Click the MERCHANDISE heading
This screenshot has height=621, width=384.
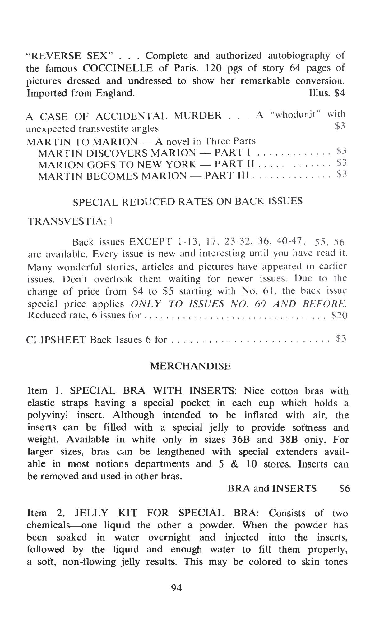coord(191,366)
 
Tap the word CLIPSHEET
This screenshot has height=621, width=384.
coord(56,340)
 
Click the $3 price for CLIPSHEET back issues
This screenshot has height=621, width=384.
coord(341,339)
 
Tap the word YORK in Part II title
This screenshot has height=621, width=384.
coord(180,164)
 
